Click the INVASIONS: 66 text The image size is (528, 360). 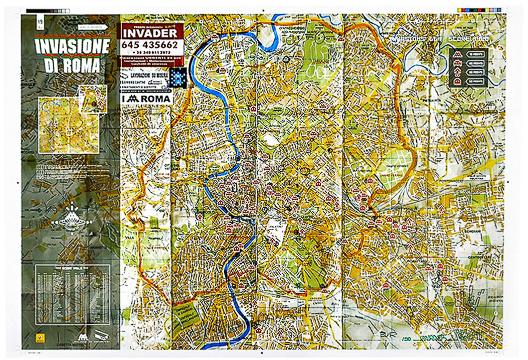point(411,39)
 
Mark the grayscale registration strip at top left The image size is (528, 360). point(47,10)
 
